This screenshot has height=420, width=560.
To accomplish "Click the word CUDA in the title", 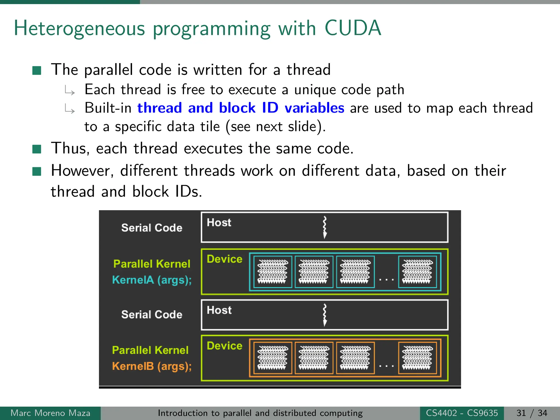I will tap(353, 28).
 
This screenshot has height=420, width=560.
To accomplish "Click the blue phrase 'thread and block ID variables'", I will tap(241, 108).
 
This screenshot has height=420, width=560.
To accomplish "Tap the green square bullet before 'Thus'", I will tap(37, 149).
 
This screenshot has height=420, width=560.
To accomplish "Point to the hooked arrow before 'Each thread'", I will tap(70, 91).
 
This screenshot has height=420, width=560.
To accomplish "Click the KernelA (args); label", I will tap(152, 280).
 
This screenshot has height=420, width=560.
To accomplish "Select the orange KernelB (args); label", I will tap(152, 366).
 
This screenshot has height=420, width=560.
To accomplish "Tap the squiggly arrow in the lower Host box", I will tap(325, 315).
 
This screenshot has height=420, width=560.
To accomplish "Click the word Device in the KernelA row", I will tap(224, 259).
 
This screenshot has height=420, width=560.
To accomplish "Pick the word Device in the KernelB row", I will tap(224, 346).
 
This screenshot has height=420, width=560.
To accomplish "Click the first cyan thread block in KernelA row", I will tap(273, 272).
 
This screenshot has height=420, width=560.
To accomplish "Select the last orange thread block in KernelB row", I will tap(417, 358).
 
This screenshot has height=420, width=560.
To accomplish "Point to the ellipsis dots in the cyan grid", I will tap(386, 279).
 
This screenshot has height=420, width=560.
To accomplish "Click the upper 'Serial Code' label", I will tap(152, 228).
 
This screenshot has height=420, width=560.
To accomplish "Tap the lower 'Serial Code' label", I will tap(152, 315).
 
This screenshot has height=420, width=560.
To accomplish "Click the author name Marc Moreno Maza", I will tap(50, 413).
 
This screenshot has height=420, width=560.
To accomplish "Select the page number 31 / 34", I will tap(532, 413).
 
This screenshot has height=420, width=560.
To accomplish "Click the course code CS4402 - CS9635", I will tap(462, 413).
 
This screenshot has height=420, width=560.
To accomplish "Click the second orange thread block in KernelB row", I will tap(314, 358).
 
